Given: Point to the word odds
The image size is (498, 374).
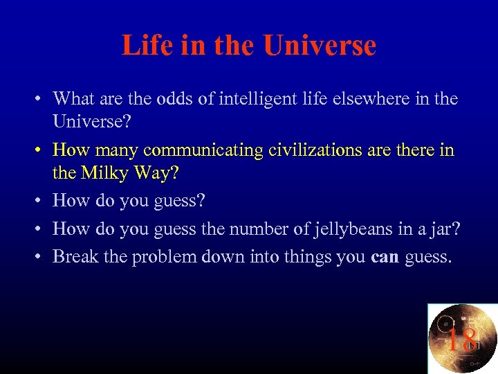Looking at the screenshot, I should click(196, 99).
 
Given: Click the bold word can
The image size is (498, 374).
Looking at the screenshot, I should click(385, 258).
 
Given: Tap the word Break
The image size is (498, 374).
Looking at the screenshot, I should click(75, 257).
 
